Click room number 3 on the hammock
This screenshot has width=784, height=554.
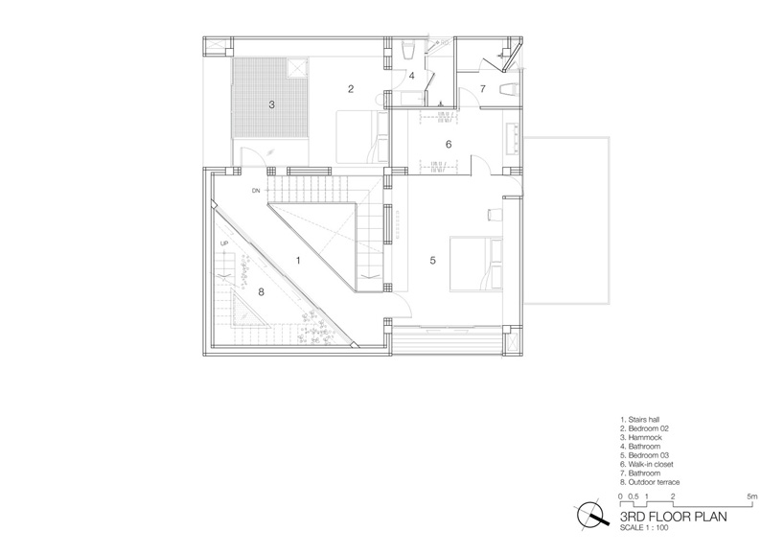(271, 104)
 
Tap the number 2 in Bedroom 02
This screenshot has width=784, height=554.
(351, 89)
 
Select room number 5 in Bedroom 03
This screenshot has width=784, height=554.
(433, 261)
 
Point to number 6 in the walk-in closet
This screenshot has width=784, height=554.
(449, 144)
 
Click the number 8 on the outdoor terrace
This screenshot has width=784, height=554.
(261, 291)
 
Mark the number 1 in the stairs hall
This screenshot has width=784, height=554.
(298, 261)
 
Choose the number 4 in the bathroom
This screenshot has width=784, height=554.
(412, 76)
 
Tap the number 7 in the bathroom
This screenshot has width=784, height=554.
(482, 89)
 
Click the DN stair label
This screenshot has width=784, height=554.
(256, 191)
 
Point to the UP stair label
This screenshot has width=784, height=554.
(223, 243)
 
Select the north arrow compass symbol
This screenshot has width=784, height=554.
(592, 515)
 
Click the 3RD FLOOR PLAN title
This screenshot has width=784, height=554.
(673, 517)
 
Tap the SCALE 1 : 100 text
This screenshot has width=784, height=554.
(643, 527)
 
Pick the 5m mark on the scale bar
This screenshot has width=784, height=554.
(752, 496)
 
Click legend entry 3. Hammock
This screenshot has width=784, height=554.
(641, 437)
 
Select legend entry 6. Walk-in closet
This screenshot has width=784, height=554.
(647, 465)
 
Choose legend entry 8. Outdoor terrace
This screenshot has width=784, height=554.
(650, 482)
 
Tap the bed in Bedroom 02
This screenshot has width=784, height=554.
(362, 137)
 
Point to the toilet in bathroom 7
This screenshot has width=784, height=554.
(510, 89)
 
